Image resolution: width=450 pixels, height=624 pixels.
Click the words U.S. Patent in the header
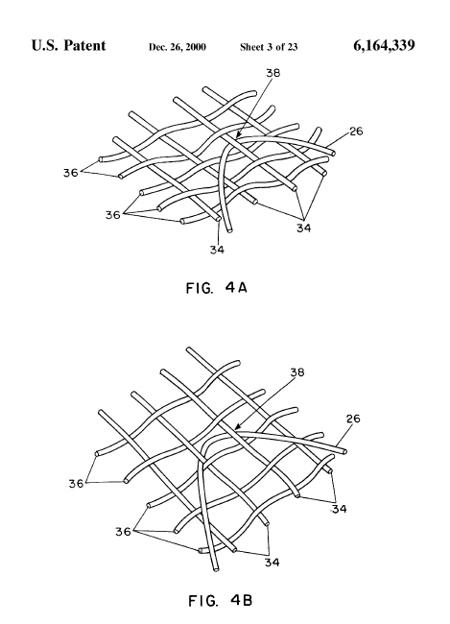(68, 45)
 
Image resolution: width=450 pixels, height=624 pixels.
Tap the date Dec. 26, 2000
(178, 47)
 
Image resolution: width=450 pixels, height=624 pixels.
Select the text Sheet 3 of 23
(269, 47)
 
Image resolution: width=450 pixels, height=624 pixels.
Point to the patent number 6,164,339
(384, 45)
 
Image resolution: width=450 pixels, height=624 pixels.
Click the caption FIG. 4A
(217, 287)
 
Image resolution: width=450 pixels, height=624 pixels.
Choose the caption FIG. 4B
(220, 600)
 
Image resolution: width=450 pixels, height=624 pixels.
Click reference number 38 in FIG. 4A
(272, 73)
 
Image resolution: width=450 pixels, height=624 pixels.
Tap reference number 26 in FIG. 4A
(356, 131)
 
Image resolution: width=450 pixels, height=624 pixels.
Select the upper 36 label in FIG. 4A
(70, 173)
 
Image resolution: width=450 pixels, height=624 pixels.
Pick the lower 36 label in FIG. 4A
(112, 215)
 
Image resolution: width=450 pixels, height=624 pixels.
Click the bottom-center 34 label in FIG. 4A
(217, 250)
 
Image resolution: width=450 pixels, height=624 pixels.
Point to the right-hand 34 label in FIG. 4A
(303, 228)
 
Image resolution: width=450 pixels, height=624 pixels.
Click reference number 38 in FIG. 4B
(297, 372)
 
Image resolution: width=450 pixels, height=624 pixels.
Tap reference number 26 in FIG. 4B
(353, 419)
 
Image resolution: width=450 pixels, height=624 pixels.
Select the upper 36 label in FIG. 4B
(77, 484)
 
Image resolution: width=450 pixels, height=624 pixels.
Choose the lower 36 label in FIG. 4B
(123, 531)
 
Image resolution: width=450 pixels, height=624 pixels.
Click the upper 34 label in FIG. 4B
(340, 509)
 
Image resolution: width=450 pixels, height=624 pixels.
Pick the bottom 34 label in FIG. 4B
(272, 563)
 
